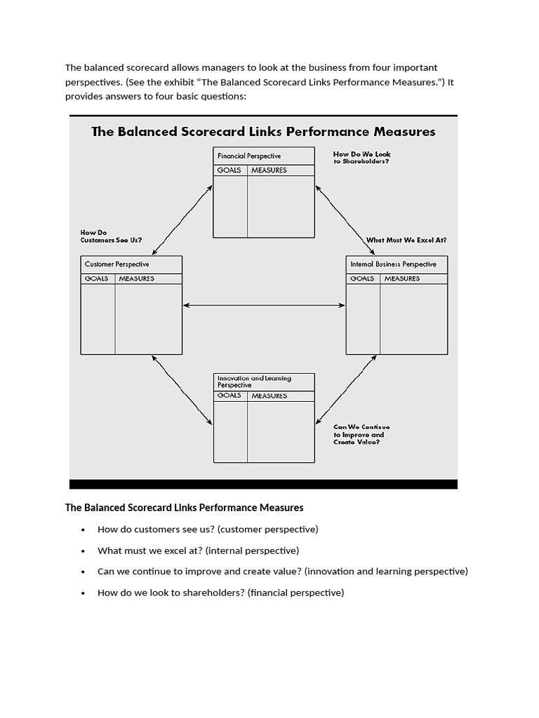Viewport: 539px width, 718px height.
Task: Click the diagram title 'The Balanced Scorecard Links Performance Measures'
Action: point(263,132)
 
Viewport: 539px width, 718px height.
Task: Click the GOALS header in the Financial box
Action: point(229,170)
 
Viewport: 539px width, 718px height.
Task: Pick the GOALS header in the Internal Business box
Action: point(362,278)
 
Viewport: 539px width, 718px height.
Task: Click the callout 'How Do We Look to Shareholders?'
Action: point(361,158)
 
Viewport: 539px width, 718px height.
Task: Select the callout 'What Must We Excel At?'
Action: point(406,240)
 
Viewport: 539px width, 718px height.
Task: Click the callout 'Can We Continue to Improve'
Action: point(361,435)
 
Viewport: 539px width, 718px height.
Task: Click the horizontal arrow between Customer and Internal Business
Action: point(264,305)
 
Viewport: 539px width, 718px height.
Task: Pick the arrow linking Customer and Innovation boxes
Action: point(182,389)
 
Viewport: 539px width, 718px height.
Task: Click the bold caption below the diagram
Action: point(184,507)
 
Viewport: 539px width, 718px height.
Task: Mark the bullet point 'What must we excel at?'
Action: point(198,550)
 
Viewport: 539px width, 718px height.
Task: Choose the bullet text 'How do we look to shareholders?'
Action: point(220,592)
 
